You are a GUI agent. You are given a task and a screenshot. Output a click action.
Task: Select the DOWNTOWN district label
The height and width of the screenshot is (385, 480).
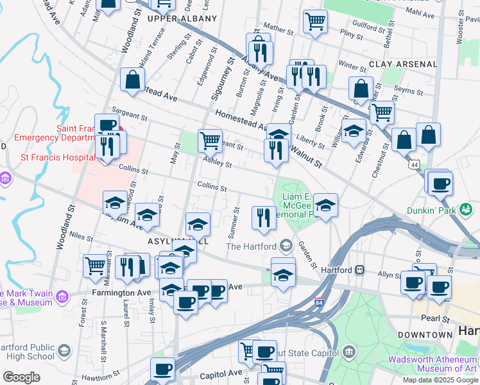[x=425, y=335]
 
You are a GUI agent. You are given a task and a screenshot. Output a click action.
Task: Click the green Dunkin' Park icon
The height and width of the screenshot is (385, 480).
[x=467, y=209]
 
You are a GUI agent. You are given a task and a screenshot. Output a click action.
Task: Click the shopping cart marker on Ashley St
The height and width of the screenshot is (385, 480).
[x=210, y=140]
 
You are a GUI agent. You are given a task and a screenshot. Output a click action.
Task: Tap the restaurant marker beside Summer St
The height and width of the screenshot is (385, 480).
[x=263, y=218]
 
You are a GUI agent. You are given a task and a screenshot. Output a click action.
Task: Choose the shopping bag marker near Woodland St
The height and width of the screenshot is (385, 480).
[x=133, y=80]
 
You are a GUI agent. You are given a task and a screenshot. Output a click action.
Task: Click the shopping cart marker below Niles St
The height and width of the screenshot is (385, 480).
[x=96, y=264]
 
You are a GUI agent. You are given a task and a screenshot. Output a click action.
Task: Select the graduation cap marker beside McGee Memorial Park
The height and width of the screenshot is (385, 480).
[x=325, y=206]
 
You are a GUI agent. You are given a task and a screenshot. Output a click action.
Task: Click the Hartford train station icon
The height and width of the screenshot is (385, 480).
[x=361, y=270]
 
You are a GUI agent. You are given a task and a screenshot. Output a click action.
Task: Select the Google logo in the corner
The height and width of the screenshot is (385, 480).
[x=22, y=377]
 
